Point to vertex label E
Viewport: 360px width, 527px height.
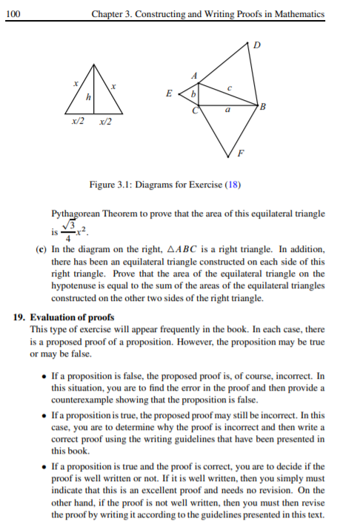click(171, 95)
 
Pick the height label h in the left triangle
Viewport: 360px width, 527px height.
click(89, 98)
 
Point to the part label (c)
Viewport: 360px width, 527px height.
click(42, 250)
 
